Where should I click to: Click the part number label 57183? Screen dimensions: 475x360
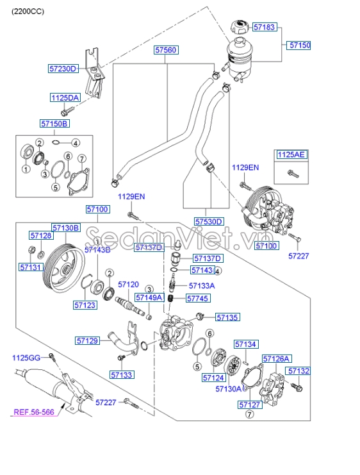click(x=265, y=28)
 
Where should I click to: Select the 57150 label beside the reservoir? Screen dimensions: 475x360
click(x=300, y=46)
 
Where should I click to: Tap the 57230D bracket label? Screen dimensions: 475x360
click(x=63, y=68)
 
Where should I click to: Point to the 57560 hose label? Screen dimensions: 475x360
click(x=165, y=49)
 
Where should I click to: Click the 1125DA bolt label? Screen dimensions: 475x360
click(x=65, y=97)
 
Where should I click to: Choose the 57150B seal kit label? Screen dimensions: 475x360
click(x=54, y=123)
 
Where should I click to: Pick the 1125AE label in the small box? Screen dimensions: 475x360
click(x=291, y=154)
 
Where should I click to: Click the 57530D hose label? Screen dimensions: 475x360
click(x=209, y=222)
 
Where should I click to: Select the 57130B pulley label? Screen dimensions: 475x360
click(x=66, y=228)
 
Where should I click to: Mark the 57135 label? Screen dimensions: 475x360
click(x=227, y=317)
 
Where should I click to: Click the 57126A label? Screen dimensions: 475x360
click(x=277, y=358)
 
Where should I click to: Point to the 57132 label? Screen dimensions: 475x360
click(x=298, y=371)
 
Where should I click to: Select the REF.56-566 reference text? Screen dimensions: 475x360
click(x=35, y=413)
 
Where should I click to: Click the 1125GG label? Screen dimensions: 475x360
click(x=26, y=356)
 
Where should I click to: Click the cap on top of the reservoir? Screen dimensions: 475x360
click(x=238, y=29)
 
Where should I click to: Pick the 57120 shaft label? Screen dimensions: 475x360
click(x=127, y=284)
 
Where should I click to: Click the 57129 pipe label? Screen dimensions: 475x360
click(x=87, y=341)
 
